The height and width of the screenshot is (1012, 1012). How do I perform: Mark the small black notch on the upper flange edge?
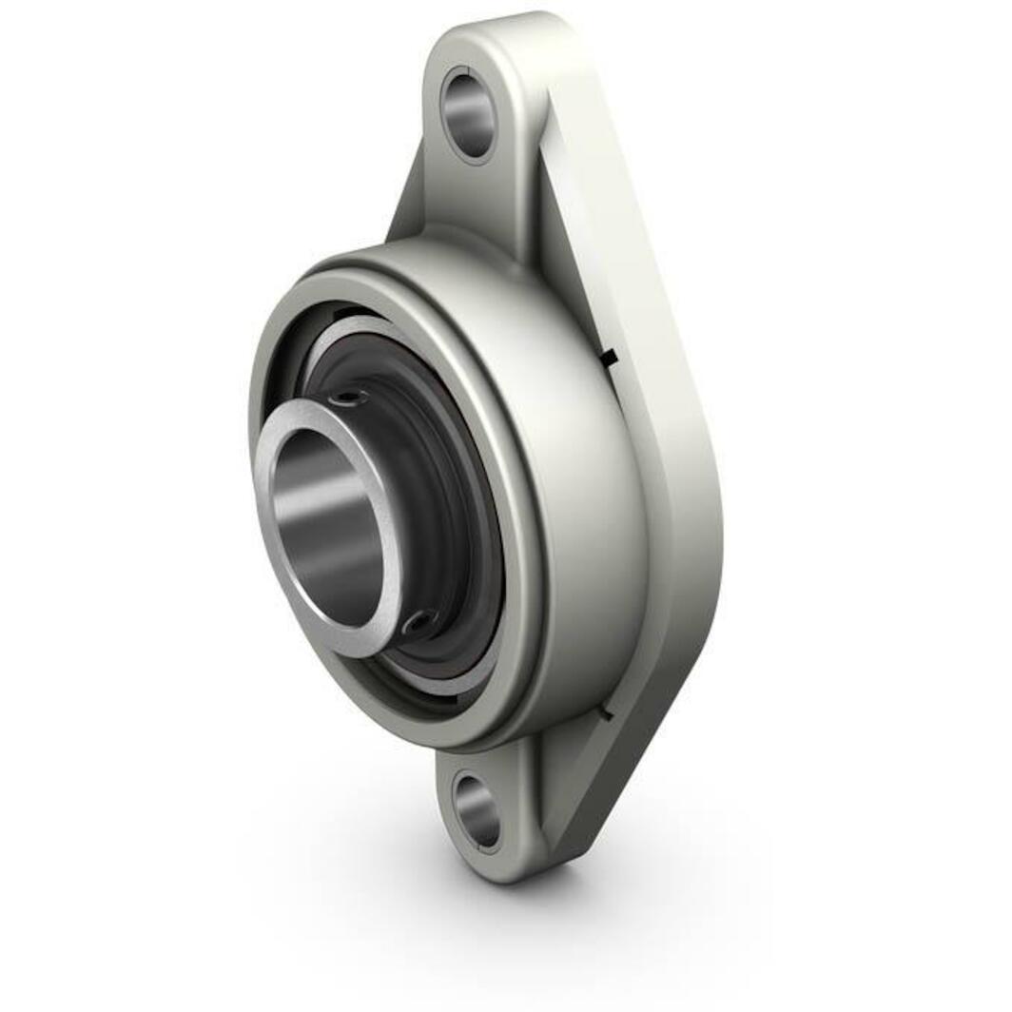(609, 357)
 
